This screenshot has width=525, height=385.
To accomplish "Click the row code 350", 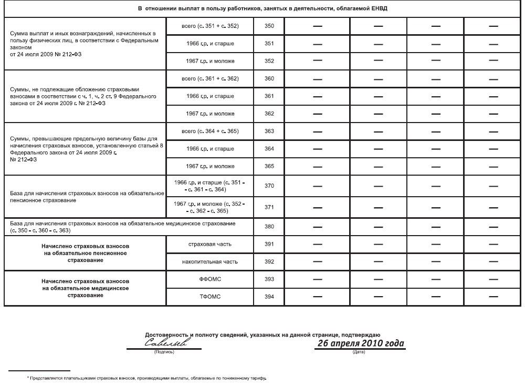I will click(269, 26).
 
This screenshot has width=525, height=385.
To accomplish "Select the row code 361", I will click(269, 96).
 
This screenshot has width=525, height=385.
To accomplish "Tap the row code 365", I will click(269, 166).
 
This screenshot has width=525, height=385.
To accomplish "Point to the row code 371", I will click(269, 207).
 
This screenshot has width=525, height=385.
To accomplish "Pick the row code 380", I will click(269, 227).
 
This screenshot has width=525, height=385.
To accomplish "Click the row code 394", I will click(269, 297).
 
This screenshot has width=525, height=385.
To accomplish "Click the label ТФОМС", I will click(210, 297).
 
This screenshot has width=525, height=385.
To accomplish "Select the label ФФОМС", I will click(210, 279).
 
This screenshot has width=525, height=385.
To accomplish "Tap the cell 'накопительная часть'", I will click(210, 261).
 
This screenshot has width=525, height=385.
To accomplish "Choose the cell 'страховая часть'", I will click(210, 244).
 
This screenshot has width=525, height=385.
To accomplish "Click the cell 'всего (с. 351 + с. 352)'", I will click(210, 26).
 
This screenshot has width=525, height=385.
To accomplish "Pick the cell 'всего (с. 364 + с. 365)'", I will click(210, 131).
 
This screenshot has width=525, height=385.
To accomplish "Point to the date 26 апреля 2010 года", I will click(360, 343).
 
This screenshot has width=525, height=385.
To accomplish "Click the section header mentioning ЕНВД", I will click(262, 9).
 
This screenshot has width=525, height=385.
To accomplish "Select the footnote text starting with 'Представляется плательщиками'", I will click(147, 378).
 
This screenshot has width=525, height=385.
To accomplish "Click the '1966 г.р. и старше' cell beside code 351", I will click(210, 44).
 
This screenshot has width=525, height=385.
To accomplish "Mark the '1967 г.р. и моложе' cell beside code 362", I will click(210, 114).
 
